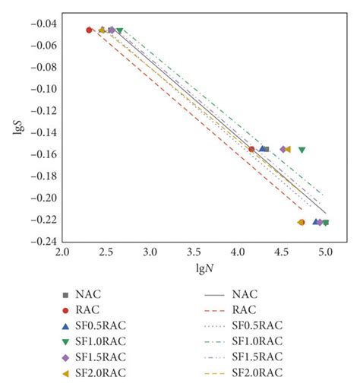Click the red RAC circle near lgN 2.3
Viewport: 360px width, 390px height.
click(x=89, y=30)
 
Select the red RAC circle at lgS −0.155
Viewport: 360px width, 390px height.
click(x=251, y=149)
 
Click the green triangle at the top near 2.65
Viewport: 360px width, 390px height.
click(x=119, y=30)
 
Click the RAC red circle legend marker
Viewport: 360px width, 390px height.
click(x=66, y=309)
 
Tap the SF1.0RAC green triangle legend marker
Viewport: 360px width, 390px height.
click(x=66, y=341)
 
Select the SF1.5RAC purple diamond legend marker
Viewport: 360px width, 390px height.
click(x=66, y=357)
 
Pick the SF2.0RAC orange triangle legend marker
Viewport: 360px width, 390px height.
click(x=66, y=373)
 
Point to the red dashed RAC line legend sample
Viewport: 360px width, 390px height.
click(x=216, y=309)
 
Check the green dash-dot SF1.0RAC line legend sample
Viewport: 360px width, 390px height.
click(x=216, y=341)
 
